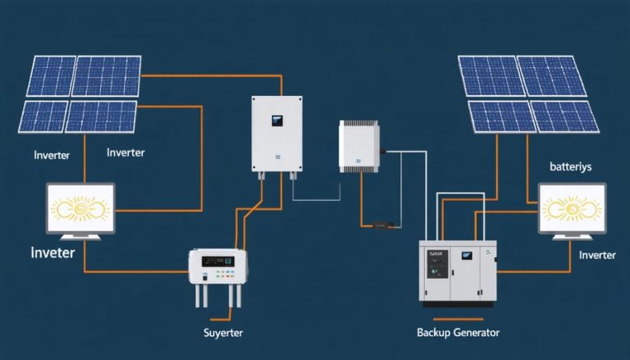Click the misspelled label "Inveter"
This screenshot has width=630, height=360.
pos(52,253)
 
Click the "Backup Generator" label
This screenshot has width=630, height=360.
pos(458,332)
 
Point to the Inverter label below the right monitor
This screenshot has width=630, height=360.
pos(597,255)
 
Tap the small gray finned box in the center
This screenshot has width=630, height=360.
pos(360,146)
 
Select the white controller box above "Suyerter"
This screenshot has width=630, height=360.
pos(218,267)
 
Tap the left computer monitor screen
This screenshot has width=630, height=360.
pos(79,207)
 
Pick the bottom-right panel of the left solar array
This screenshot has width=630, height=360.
pos(102,116)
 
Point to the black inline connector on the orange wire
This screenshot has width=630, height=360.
pos(382,223)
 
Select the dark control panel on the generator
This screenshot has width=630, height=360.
pos(435,264)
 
